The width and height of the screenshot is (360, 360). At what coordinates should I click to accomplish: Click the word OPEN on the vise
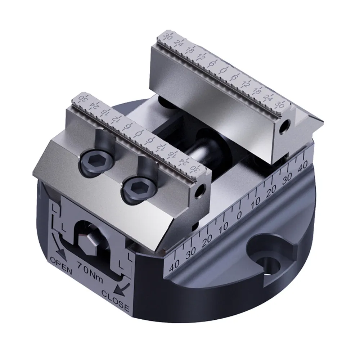click(60, 266)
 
